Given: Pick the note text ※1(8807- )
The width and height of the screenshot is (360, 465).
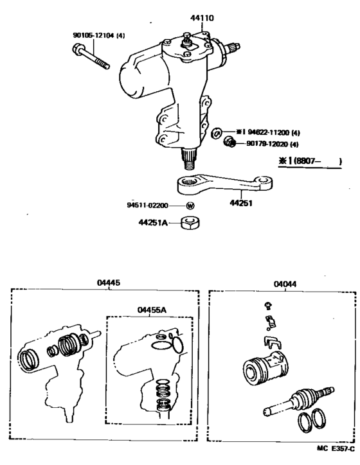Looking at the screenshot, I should (309, 162).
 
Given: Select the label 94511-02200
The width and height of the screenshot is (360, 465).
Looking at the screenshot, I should (147, 206).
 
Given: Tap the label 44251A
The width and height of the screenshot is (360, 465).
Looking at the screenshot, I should (152, 223).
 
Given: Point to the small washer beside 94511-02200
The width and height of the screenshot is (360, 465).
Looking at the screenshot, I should (190, 206).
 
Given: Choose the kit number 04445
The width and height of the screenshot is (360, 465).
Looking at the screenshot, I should (109, 282).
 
